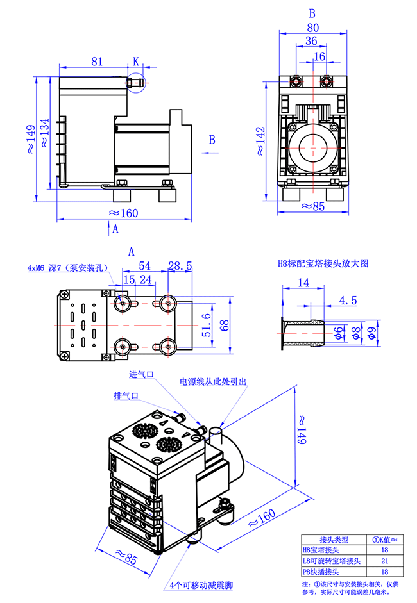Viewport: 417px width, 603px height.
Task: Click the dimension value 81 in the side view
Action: pos(96,62)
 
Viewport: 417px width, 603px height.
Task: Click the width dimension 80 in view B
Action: pos(312,28)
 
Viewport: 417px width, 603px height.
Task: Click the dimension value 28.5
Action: pos(180,266)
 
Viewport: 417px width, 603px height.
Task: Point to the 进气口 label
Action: pos(141,375)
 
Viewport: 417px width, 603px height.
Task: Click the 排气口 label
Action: pos(126,395)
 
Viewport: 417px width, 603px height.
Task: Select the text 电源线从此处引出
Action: pos(213,382)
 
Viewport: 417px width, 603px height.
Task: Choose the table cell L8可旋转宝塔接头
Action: pos(331,561)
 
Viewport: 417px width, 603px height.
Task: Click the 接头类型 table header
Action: pos(331,540)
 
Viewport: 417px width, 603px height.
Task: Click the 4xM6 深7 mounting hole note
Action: pos(68,268)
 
